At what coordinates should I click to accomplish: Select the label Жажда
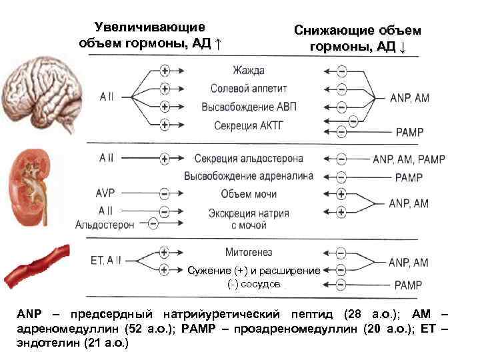tap(249, 70)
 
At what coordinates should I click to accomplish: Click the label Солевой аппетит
tap(248, 88)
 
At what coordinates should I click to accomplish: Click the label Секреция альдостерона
tap(249, 159)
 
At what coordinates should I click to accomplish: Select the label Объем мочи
tap(248, 194)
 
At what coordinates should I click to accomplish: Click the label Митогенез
tap(249, 253)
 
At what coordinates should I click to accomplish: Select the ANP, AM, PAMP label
tap(409, 159)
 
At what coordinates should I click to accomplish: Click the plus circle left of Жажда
tap(165, 70)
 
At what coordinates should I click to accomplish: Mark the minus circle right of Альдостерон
tap(153, 224)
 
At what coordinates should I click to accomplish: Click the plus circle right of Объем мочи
tap(341, 194)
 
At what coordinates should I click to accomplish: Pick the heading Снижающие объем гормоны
tap(357, 39)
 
